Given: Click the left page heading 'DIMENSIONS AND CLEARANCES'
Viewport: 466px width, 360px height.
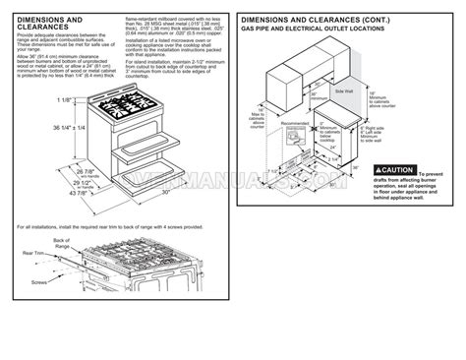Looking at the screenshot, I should [48, 23].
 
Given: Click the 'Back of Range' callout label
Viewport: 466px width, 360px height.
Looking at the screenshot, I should [61, 243].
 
